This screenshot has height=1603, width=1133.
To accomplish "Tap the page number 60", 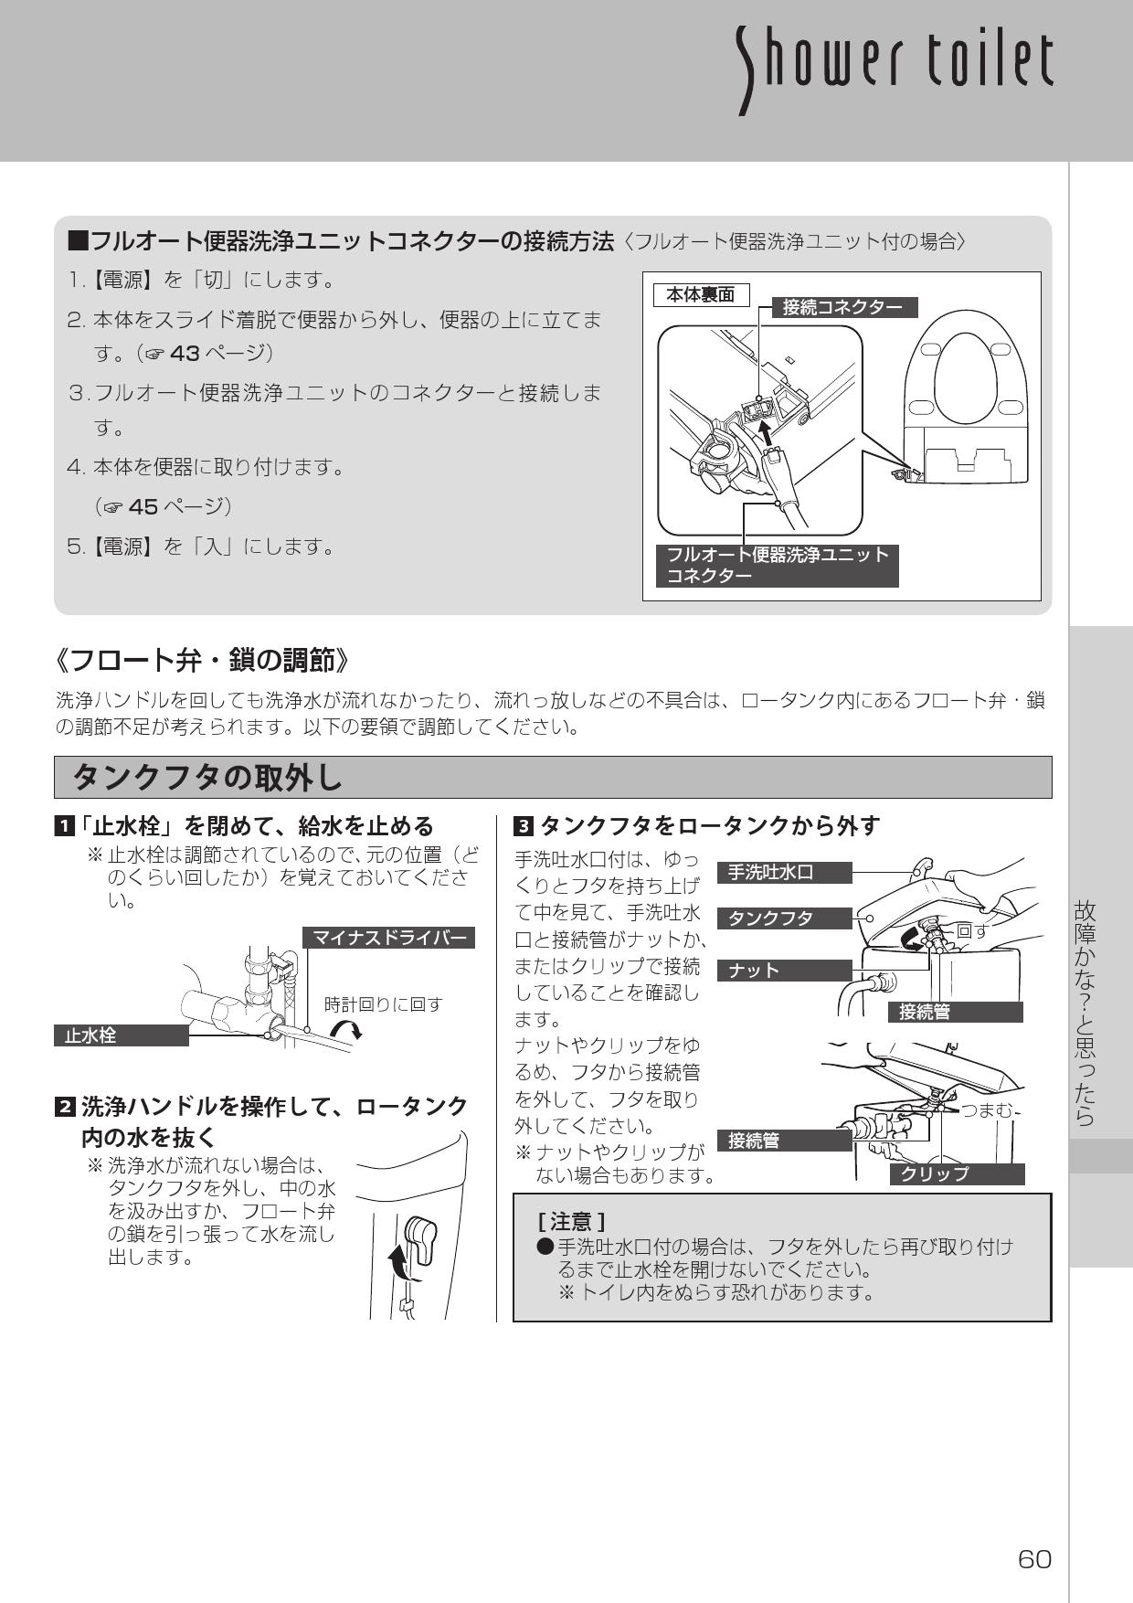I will pyautogui.click(x=1034, y=1559).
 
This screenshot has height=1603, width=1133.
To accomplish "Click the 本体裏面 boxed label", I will pyautogui.click(x=700, y=294).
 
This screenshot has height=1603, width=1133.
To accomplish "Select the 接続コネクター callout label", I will pyautogui.click(x=842, y=307).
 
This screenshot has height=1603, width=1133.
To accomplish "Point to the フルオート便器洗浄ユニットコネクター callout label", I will pyautogui.click(x=777, y=565).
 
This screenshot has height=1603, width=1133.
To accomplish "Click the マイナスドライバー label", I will pyautogui.click(x=389, y=937).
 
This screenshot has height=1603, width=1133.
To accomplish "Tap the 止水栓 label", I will pyautogui.click(x=121, y=1035).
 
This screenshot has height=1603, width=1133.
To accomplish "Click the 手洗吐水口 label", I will pyautogui.click(x=784, y=872).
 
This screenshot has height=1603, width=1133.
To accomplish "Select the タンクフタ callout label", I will pyautogui.click(x=784, y=918).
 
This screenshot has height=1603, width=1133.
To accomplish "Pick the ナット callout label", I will pyautogui.click(x=784, y=970).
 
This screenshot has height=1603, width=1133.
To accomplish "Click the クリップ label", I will pyautogui.click(x=957, y=1173).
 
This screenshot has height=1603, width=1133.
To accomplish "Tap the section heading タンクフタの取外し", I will pyautogui.click(x=207, y=778).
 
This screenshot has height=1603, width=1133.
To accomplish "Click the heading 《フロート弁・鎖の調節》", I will pyautogui.click(x=202, y=659).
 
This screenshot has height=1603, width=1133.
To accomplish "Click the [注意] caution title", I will pyautogui.click(x=571, y=1220).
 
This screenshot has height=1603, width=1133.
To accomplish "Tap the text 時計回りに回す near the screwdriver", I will pyautogui.click(x=384, y=1004).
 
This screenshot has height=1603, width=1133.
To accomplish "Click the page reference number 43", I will pyautogui.click(x=185, y=352).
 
